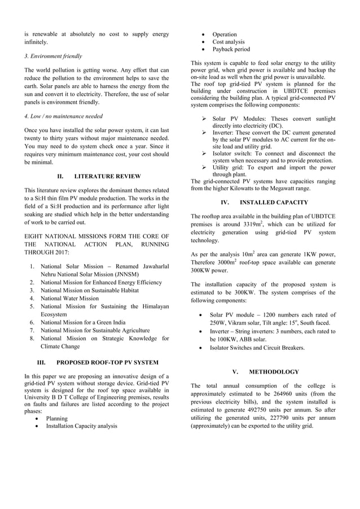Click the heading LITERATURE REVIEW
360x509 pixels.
107,175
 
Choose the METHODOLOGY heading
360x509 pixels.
274,372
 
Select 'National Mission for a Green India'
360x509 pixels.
85,322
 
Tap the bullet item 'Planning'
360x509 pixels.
56,418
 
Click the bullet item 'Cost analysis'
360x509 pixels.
228,42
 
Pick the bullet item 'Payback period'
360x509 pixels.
231,49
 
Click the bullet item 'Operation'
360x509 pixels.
225,34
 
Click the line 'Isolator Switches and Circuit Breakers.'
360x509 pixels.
257,348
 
